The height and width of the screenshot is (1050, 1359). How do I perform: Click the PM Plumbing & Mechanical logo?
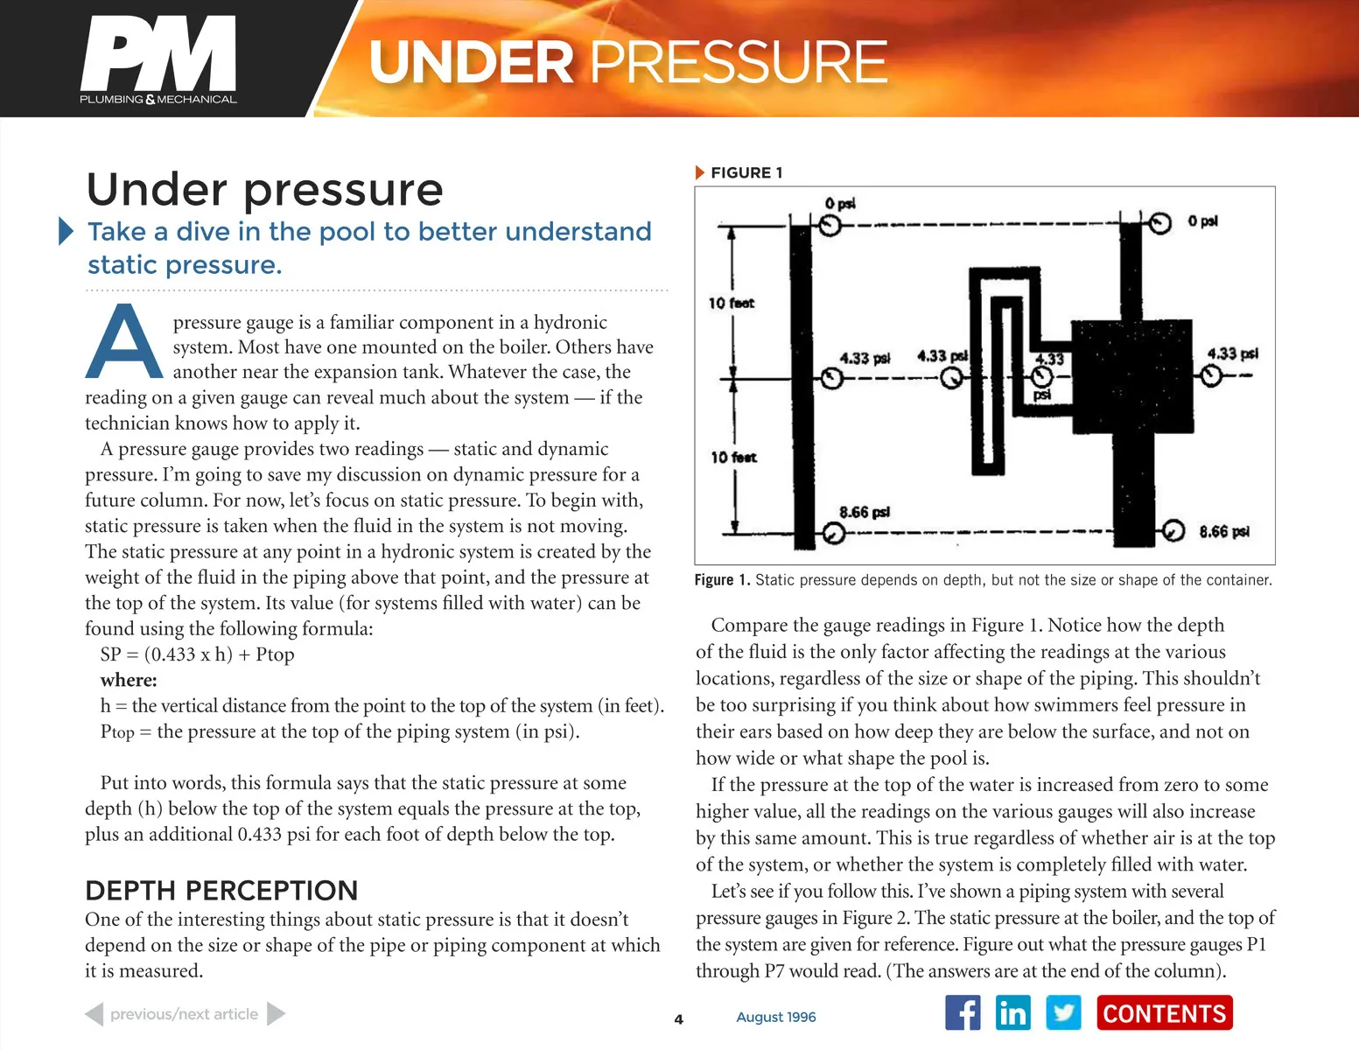click(158, 59)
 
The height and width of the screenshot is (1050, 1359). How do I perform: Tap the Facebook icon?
click(963, 1013)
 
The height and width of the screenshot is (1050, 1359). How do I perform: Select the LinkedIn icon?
click(1012, 1013)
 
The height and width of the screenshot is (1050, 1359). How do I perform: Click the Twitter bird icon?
click(1063, 1013)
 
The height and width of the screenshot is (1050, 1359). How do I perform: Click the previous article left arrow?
click(95, 1014)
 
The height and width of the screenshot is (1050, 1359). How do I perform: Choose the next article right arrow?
click(276, 1014)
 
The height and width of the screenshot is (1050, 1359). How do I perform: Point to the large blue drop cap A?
click(124, 343)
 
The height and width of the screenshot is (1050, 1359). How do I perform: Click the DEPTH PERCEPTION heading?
click(221, 891)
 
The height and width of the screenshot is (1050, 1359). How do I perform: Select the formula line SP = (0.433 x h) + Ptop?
click(197, 654)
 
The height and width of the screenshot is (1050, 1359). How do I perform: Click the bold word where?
click(129, 680)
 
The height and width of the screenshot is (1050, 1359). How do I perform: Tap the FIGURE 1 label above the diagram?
click(746, 172)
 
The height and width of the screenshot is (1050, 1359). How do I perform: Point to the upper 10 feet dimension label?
click(732, 303)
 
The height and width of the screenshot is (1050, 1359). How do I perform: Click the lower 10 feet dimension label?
click(733, 457)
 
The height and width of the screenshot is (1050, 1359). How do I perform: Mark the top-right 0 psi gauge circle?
click(1160, 223)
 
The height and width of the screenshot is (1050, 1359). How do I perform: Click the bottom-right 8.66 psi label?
click(1223, 531)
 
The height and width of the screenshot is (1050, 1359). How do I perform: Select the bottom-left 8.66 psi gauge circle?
click(833, 533)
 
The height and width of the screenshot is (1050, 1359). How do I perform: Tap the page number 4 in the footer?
click(678, 1018)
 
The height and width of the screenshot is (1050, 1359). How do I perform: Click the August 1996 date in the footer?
click(775, 1017)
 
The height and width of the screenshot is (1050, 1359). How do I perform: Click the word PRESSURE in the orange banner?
click(739, 62)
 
